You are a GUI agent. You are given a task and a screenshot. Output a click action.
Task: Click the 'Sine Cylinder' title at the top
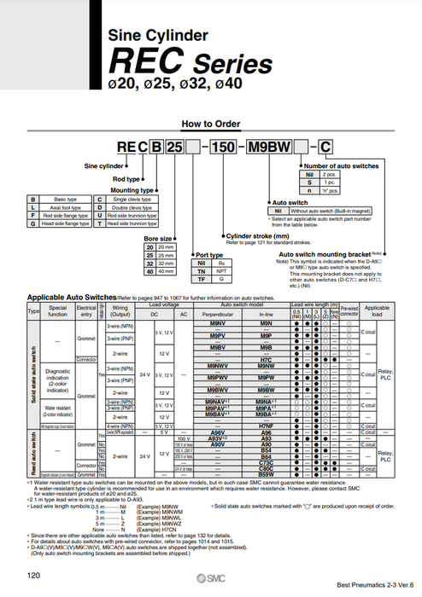157,36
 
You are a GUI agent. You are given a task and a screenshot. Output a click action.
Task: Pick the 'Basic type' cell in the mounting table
62,198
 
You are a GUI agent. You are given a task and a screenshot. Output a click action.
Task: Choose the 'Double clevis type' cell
129,206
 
